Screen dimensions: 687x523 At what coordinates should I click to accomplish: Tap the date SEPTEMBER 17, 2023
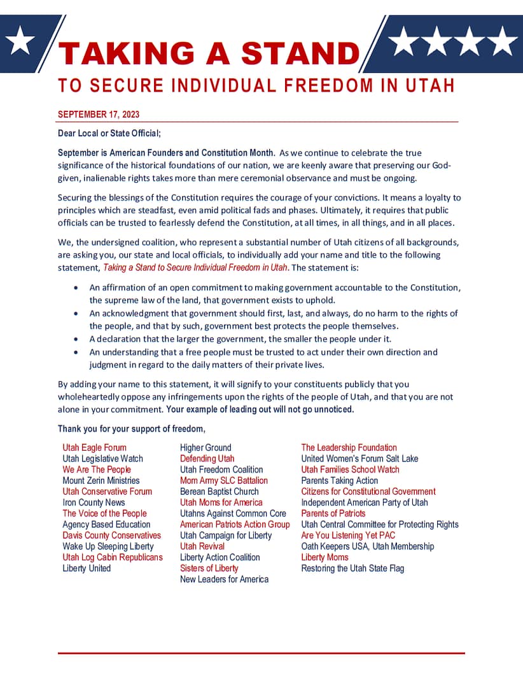pos(99,115)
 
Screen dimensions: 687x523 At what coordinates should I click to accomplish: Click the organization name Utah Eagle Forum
pos(94,448)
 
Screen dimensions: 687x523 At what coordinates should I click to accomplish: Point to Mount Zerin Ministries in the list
pos(101,481)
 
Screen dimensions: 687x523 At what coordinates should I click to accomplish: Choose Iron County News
pos(94,502)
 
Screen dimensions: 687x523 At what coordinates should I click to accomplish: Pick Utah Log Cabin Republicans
pos(113,557)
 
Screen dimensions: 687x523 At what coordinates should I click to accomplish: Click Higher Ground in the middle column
pos(206,448)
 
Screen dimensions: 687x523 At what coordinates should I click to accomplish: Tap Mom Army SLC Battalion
pos(224,481)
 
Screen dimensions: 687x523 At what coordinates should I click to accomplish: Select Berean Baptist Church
pos(220,492)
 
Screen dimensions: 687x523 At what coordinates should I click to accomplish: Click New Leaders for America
pos(224,579)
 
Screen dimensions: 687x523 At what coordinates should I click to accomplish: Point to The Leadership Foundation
pos(349,448)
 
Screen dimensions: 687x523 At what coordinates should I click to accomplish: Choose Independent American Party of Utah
pos(365,502)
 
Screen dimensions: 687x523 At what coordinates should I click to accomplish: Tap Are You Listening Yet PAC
pos(348,535)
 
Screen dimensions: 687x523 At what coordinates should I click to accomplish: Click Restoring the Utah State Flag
pos(352,569)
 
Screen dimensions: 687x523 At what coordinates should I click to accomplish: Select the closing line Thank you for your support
pos(132,428)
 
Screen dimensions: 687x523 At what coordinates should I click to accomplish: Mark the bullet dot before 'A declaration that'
pos(76,339)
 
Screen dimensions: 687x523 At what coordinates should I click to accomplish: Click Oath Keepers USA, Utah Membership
pos(368,546)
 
